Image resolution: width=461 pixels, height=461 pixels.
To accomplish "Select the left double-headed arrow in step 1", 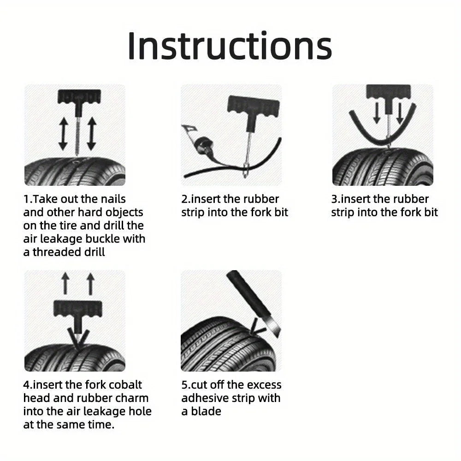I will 63,134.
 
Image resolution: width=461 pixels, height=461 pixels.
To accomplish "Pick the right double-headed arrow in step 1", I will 91,134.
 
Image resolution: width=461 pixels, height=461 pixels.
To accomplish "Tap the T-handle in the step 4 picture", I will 77,308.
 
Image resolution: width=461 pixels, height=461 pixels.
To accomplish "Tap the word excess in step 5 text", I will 264,385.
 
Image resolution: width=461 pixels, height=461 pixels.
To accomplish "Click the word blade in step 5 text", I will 206,411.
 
